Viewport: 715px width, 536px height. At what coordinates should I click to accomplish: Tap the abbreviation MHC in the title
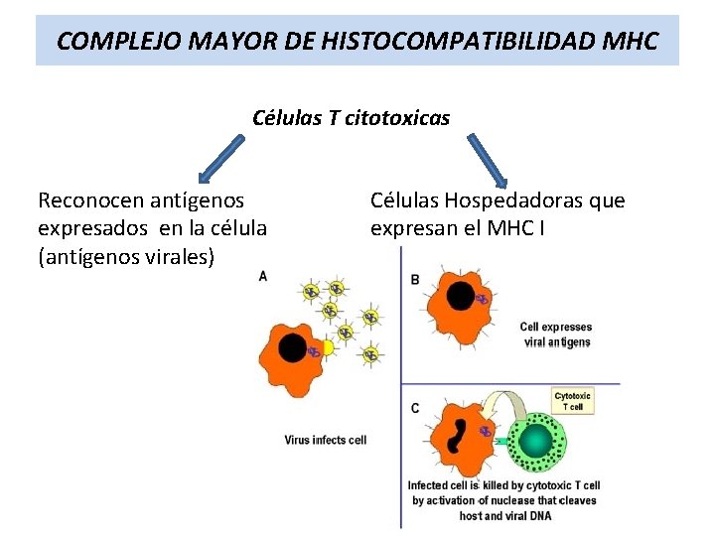click(630, 42)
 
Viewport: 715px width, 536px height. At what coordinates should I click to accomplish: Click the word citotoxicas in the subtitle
click(396, 118)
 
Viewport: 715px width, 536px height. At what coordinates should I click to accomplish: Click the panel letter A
click(262, 276)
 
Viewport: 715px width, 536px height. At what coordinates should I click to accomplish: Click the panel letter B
click(415, 280)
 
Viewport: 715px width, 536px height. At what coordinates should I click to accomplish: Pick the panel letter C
click(415, 408)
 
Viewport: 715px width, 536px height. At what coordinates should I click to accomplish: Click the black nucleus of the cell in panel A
click(293, 347)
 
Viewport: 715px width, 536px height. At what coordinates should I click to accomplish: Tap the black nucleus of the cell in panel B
click(461, 295)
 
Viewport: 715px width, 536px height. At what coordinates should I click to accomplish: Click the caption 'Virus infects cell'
click(325, 440)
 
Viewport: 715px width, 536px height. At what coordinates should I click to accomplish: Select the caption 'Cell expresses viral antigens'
click(555, 335)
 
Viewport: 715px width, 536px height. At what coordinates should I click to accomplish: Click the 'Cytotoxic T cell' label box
click(573, 401)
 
